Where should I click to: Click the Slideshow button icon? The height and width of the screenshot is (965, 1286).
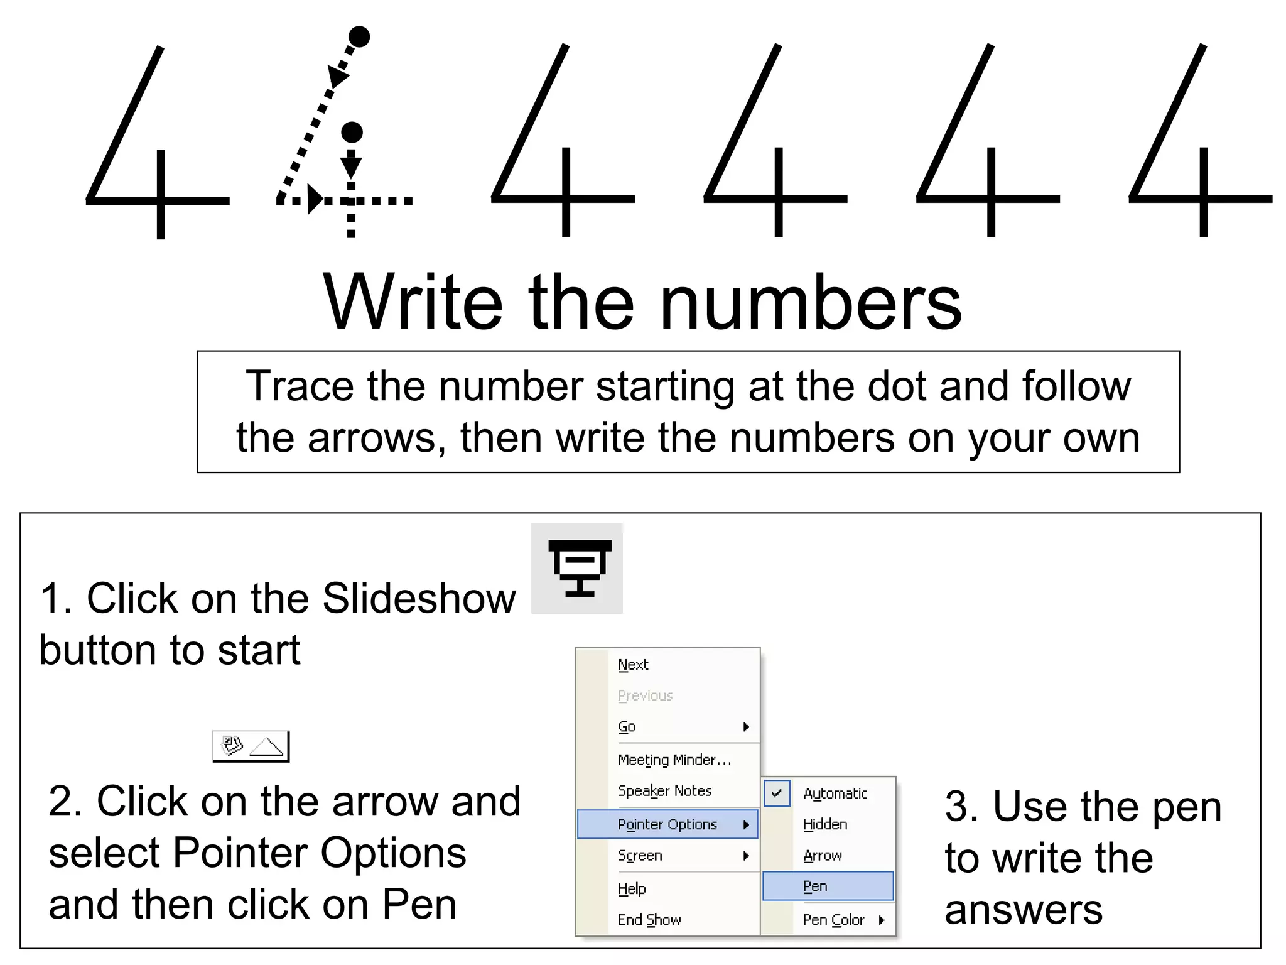[x=577, y=568]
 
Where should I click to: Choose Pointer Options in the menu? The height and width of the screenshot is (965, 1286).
[x=667, y=824]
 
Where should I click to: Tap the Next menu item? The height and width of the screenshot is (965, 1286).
[x=633, y=665]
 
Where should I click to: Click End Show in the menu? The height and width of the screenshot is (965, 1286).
[x=649, y=920]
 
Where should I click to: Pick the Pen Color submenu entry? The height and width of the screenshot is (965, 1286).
[x=833, y=920]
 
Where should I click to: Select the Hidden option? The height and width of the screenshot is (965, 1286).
[x=825, y=824]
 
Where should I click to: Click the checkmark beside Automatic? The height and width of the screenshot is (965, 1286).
[x=777, y=793]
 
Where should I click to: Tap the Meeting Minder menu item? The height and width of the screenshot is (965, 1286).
[x=674, y=760]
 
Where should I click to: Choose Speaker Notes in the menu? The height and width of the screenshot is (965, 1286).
[x=664, y=791]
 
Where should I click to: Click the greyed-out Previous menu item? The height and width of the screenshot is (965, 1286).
[x=645, y=695]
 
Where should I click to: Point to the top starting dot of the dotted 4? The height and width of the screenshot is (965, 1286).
[x=359, y=37]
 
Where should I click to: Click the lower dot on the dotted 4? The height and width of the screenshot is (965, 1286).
[x=352, y=133]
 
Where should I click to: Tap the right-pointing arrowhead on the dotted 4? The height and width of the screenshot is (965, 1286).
[x=316, y=200]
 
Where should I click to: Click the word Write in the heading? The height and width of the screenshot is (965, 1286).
[x=413, y=302]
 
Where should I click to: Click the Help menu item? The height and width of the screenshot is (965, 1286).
[x=632, y=889]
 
